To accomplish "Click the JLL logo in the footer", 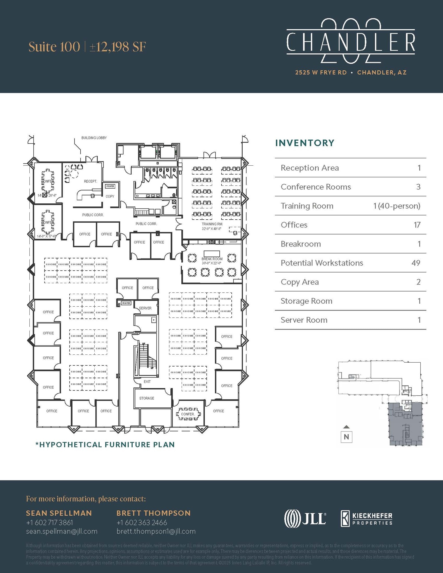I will [305, 518].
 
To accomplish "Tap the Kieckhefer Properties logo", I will [366, 518].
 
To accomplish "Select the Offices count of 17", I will [417, 225].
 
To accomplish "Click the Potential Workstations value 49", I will [416, 263].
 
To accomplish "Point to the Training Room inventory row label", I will [307, 206].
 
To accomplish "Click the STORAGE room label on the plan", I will [147, 398].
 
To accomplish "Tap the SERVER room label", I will [145, 308].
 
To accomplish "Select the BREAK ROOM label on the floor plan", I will [212, 259].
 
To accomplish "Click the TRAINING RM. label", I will [212, 224].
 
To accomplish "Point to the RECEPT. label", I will [90, 181].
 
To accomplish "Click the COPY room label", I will [110, 196].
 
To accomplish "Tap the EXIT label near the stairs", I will [147, 382].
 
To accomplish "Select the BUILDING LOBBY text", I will [94, 138].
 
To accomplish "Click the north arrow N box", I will [346, 437].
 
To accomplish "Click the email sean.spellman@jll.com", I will [62, 531].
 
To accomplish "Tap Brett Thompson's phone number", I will [142, 523].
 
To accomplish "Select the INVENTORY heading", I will [305, 143].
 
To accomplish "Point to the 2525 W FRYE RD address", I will [321, 72].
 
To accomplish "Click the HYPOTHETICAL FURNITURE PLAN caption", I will [105, 445].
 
